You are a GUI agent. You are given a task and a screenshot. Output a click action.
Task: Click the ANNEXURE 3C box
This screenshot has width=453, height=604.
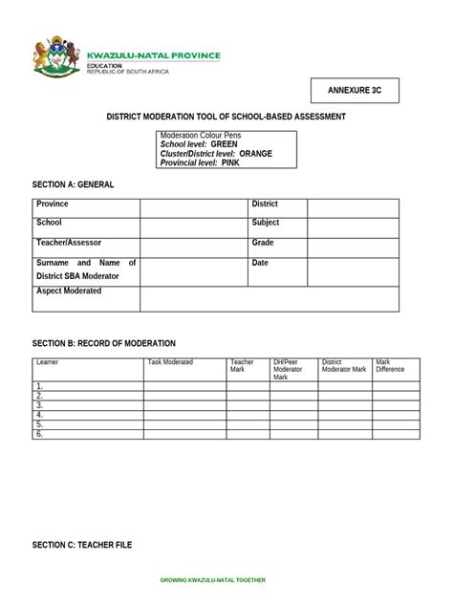355,91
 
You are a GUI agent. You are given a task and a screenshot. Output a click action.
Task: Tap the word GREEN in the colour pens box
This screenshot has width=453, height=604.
225,144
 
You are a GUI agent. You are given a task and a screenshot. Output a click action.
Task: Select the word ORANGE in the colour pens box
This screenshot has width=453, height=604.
255,153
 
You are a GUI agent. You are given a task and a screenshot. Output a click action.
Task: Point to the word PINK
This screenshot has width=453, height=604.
230,163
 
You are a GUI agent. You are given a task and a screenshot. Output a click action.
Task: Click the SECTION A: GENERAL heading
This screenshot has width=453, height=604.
74,183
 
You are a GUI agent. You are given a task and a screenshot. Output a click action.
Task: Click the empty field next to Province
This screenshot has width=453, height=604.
193,208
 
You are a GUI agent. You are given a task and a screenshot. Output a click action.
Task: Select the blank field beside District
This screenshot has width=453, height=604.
353,208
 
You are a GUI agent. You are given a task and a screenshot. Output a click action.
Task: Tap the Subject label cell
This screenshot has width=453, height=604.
266,223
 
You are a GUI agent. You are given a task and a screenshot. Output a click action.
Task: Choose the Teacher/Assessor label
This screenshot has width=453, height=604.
69,243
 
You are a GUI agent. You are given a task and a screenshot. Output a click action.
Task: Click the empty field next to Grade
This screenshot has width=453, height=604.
353,247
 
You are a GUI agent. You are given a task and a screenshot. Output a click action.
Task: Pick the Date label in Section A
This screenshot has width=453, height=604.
260,263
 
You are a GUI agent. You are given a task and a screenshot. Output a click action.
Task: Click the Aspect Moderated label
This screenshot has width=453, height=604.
69,291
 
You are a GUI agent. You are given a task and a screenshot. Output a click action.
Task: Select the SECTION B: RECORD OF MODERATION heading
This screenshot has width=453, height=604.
104,343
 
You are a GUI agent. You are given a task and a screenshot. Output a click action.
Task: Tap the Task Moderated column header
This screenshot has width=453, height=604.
170,362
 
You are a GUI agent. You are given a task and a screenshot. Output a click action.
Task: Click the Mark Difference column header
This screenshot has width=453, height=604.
390,366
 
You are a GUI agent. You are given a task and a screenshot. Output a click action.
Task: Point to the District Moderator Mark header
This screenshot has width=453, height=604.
344,366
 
